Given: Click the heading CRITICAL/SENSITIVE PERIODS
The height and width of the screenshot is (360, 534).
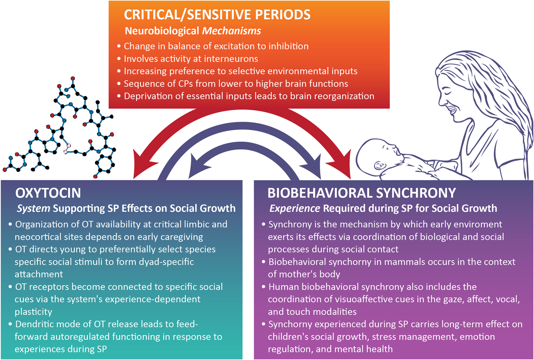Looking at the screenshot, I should pos(217,15).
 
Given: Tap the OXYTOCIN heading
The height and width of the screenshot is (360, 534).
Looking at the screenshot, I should pos(48,193).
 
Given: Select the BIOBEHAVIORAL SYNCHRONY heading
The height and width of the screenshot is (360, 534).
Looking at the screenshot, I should pos(362,193).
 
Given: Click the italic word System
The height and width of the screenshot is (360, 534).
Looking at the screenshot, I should pos(33,208).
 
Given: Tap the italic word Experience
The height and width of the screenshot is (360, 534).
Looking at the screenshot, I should pos(294,208).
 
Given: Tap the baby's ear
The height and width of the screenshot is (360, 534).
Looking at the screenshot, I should pos(379,166).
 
